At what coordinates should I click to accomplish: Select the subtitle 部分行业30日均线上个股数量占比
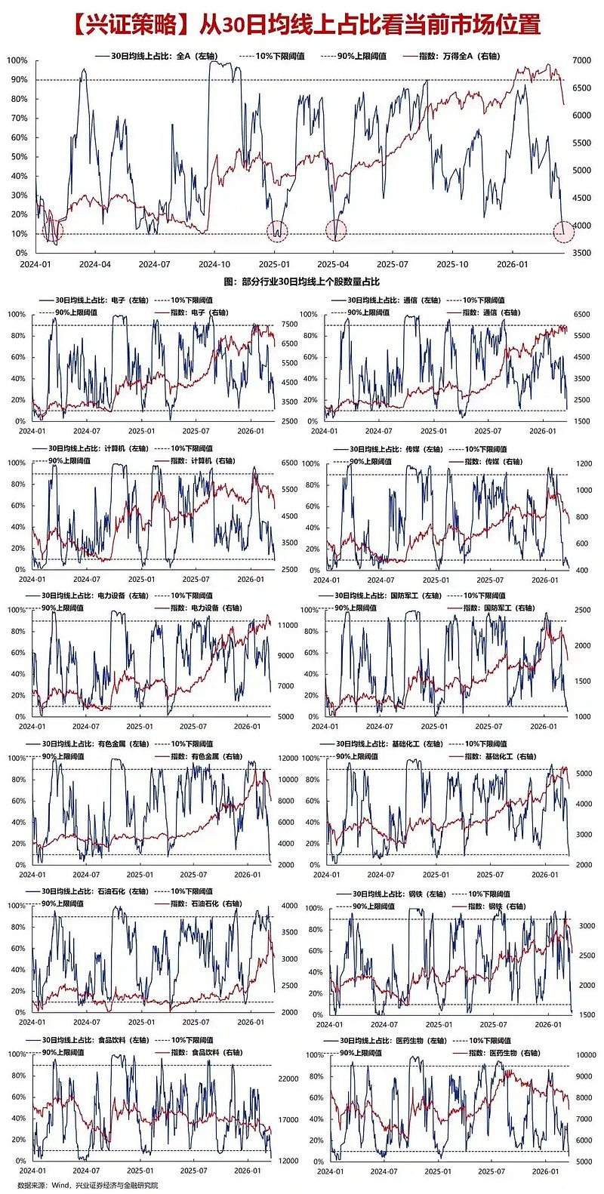[301, 282]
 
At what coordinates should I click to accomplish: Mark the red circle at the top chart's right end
[563, 232]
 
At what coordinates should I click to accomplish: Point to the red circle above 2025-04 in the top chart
[335, 230]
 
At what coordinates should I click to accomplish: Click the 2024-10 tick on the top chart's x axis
[214, 264]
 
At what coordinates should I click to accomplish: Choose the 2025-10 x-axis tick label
[452, 264]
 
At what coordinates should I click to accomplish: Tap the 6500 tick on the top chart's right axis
[581, 88]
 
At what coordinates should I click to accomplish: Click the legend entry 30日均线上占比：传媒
[395, 449]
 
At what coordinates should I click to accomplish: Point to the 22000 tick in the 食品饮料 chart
[289, 1079]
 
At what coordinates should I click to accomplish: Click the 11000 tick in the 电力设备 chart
[287, 626]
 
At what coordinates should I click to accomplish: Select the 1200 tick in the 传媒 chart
[583, 464]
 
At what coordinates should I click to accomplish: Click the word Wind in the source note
[60, 1186]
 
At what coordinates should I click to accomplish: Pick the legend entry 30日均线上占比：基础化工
[389, 744]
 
